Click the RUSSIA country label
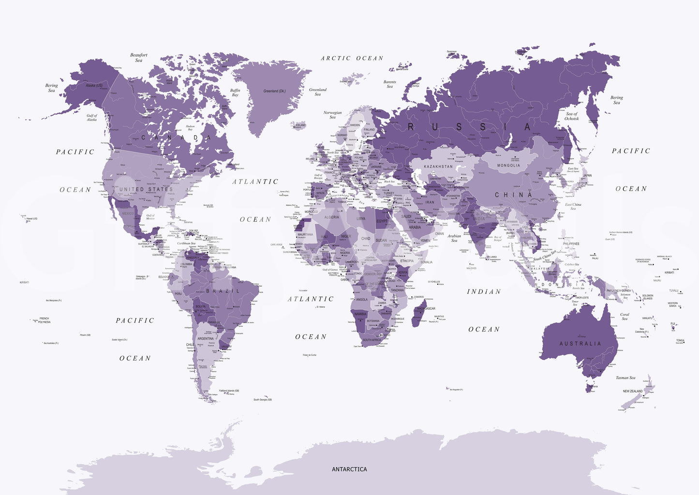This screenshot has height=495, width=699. click(469, 127)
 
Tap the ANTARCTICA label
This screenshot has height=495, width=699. click(349, 469)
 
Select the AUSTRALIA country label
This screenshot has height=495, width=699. click(580, 343)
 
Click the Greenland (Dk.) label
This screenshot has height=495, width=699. click(274, 91)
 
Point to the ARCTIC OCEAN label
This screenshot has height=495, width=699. click(352, 58)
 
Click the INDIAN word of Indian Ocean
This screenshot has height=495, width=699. click(484, 292)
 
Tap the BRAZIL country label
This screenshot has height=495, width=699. click(223, 291)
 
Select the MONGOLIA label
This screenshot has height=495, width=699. click(508, 165)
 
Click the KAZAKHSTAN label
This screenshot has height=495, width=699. click(438, 167)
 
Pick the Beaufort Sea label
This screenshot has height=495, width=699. click(139, 58)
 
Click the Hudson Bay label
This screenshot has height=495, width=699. click(190, 128)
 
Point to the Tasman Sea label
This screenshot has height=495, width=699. click(625, 378)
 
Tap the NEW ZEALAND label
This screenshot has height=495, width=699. click(633, 391)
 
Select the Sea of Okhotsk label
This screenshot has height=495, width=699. click(571, 116)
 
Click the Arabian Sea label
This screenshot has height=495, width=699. click(454, 238)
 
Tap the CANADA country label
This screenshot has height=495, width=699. click(176, 138)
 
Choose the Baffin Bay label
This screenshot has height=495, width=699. click(235, 93)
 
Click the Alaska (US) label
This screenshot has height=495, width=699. click(94, 86)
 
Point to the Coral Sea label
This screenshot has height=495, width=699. click(625, 316)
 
